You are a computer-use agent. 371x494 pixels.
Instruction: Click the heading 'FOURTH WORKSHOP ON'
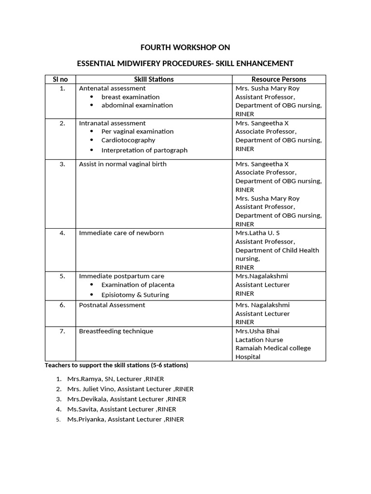click(x=185, y=47)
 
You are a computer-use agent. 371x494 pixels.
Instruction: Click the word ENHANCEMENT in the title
click(x=264, y=63)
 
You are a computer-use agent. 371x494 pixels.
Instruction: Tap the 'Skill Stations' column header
click(x=154, y=79)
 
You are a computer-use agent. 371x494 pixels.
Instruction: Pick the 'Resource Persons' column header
click(x=279, y=79)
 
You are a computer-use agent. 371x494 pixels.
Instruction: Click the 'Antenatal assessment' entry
click(x=113, y=88)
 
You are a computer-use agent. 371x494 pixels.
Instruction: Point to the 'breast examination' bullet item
click(x=130, y=97)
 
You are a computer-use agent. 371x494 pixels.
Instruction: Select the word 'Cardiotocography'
click(x=128, y=140)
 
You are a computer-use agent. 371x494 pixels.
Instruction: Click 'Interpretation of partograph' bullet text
click(x=144, y=150)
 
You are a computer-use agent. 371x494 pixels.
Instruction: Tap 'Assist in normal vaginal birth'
click(x=123, y=164)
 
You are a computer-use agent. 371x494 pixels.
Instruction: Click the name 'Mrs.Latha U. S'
click(x=257, y=233)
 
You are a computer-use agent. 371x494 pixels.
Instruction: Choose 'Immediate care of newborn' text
click(x=121, y=233)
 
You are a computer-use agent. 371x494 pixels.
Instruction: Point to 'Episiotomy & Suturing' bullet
click(x=135, y=294)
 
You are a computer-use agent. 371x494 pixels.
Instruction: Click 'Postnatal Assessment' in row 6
click(x=112, y=305)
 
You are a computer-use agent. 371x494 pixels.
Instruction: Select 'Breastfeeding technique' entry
click(x=116, y=331)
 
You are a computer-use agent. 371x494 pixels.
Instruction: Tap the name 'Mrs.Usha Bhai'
click(x=257, y=331)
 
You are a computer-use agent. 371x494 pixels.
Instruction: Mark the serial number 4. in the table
click(x=62, y=233)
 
